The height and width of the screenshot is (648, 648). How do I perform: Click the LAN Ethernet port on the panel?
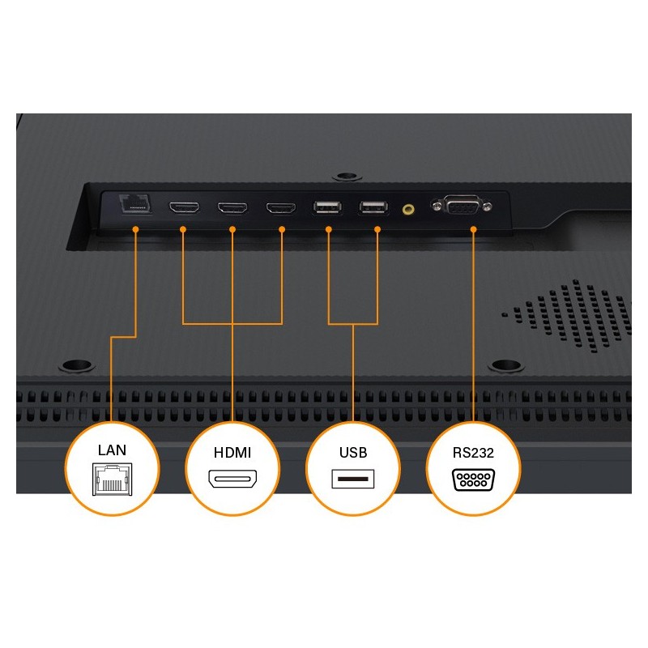click(135, 204)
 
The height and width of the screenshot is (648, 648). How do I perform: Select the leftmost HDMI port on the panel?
click(184, 207)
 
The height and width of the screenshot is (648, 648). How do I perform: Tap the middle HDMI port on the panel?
click(232, 207)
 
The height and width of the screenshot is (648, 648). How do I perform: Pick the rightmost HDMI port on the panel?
click(281, 207)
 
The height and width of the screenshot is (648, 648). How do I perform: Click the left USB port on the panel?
click(328, 207)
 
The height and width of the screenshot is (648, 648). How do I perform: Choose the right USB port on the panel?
click(373, 207)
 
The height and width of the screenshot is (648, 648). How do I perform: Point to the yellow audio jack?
click(408, 210)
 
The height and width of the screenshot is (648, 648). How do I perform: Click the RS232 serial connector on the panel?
click(462, 205)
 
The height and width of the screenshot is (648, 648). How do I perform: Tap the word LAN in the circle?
click(112, 450)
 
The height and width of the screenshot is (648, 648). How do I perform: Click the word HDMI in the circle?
click(232, 453)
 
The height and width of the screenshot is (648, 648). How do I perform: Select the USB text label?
click(353, 453)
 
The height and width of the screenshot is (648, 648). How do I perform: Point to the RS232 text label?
click(473, 453)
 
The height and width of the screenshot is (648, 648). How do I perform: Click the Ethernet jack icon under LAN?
click(113, 479)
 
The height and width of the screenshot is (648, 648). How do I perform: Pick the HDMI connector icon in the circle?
click(232, 479)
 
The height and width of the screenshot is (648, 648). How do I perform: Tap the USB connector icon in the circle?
click(353, 479)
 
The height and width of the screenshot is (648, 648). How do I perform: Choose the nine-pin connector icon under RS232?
click(474, 480)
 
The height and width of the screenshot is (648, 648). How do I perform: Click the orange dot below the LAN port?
click(135, 229)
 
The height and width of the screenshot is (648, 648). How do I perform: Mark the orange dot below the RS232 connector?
click(474, 229)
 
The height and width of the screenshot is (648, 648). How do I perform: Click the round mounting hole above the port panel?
click(347, 177)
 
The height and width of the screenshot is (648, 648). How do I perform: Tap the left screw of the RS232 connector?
click(437, 205)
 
